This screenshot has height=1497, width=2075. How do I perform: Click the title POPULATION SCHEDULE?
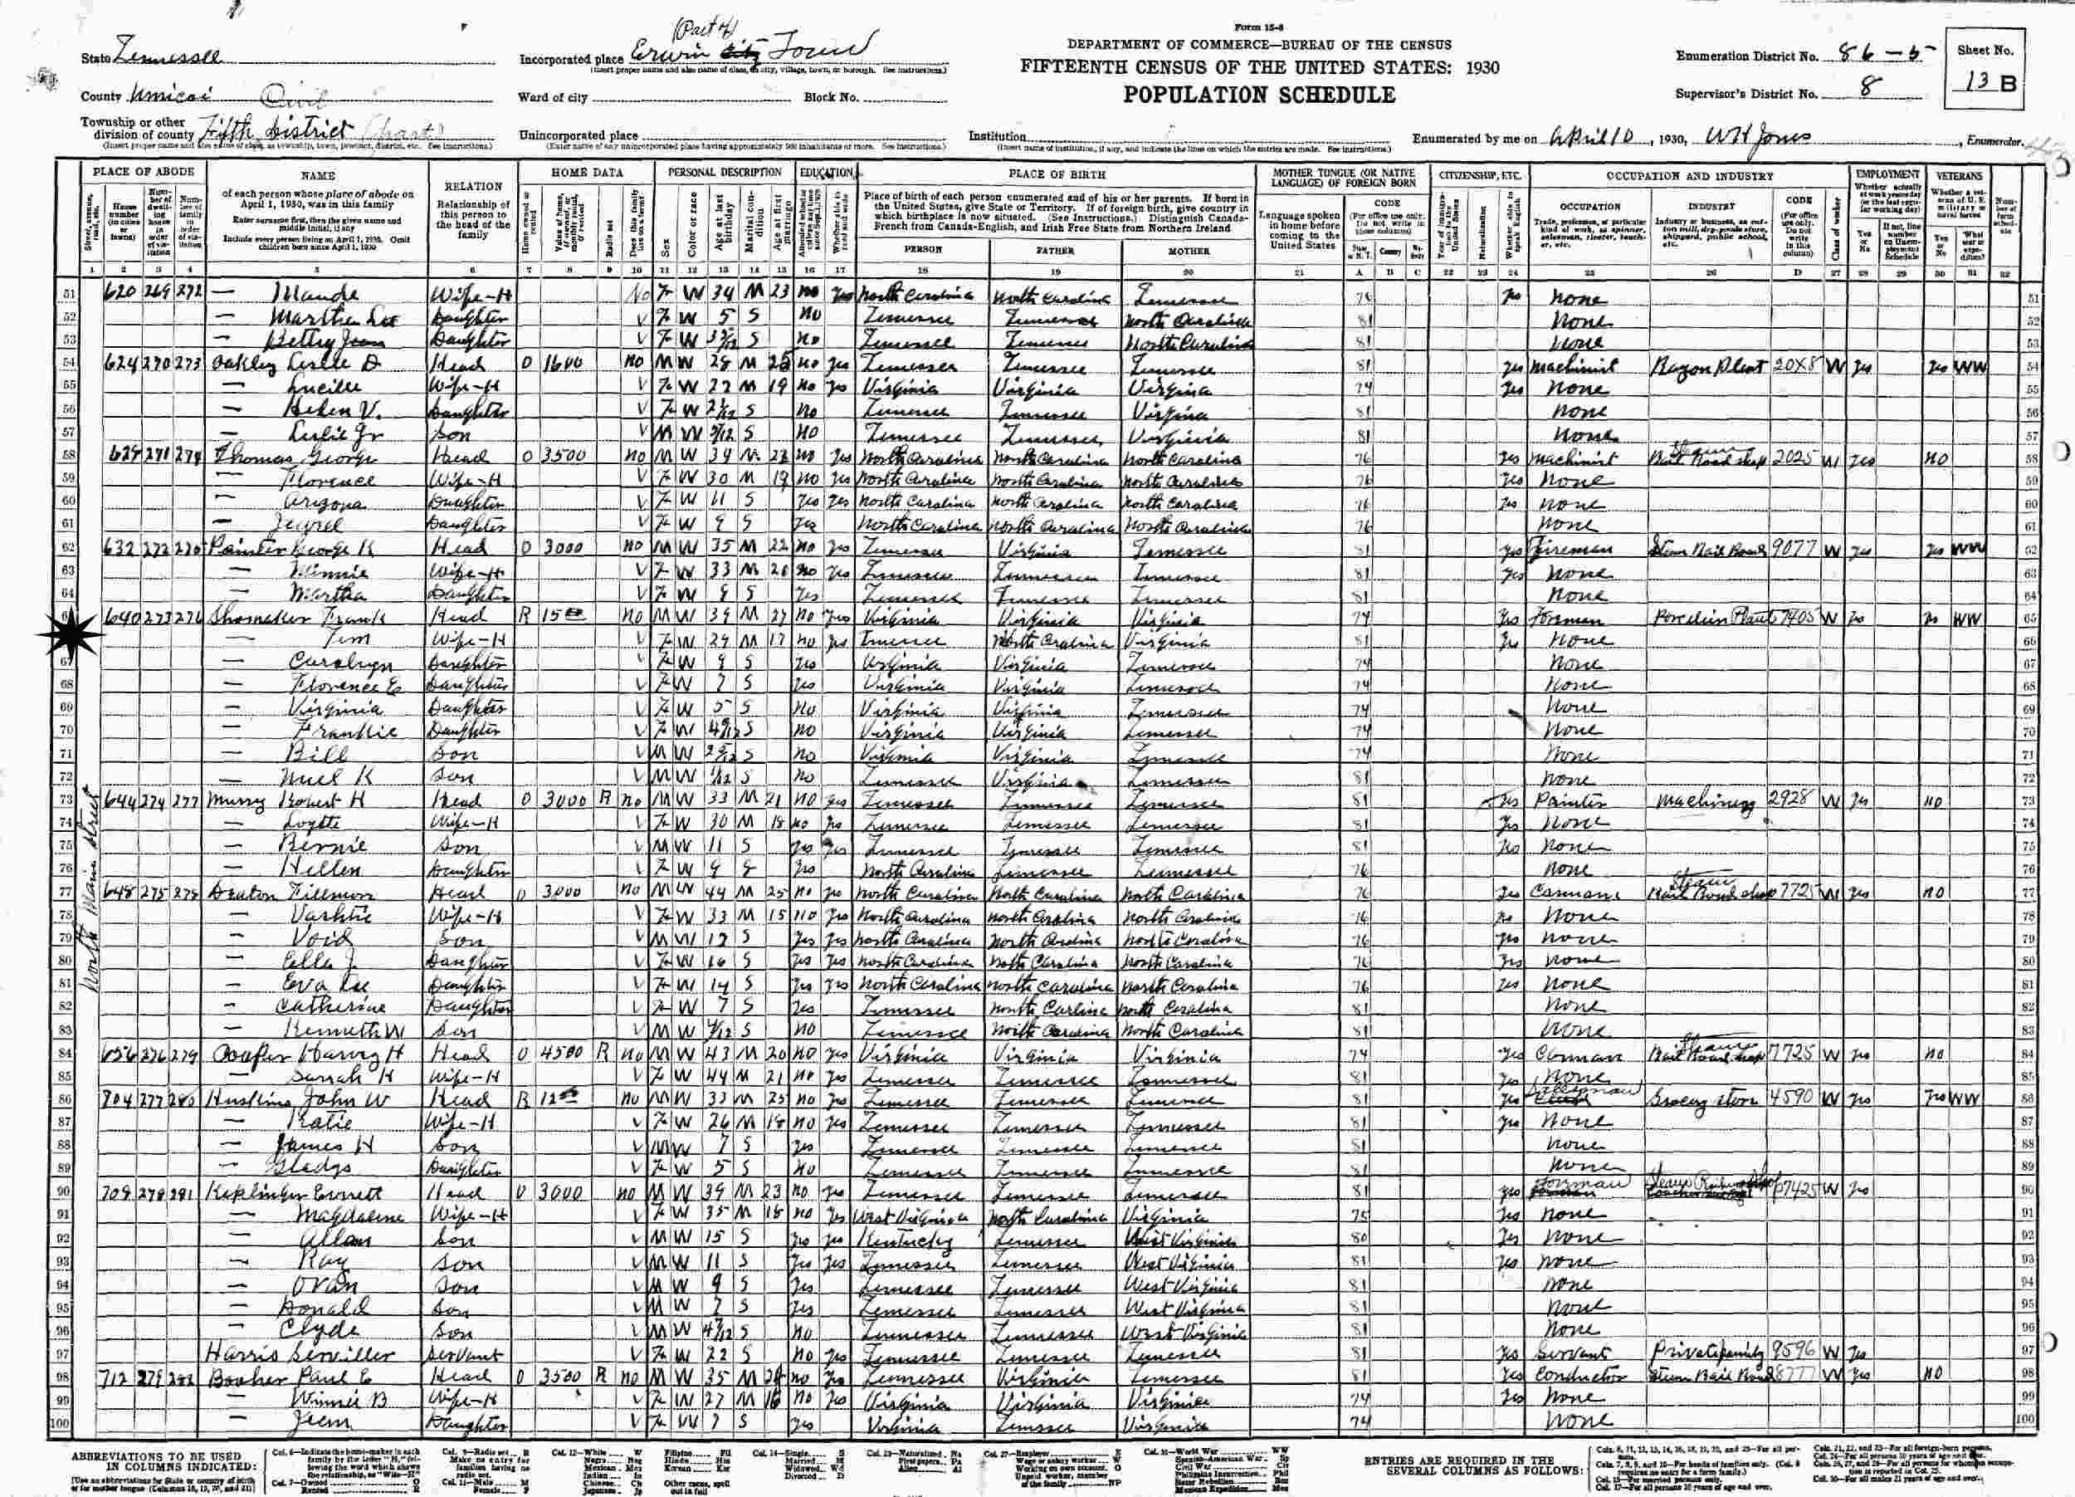(1259, 95)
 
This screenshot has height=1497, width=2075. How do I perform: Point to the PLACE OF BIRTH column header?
(1056, 173)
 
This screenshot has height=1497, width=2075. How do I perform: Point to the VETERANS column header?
(1957, 174)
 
